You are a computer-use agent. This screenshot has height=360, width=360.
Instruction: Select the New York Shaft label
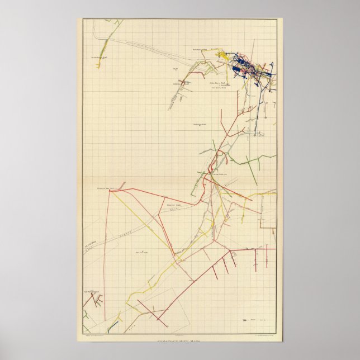139,252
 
